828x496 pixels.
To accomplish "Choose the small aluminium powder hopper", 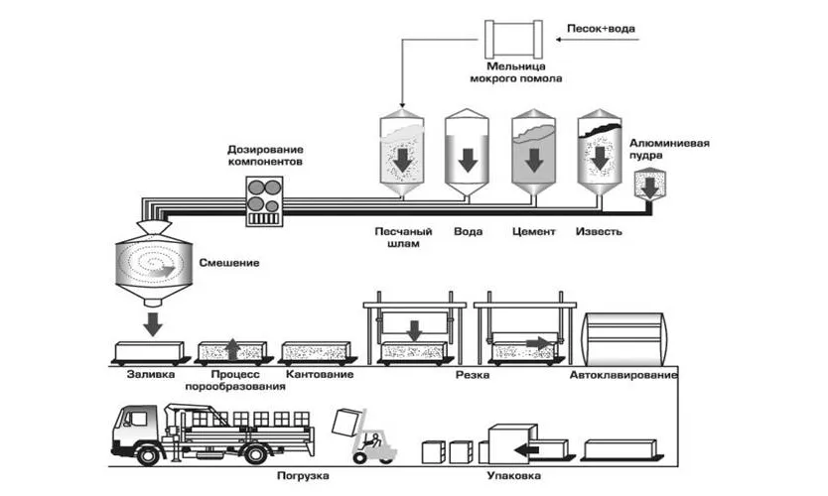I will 651,184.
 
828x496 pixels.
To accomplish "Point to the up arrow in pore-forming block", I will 232,349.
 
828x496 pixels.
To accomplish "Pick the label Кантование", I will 314,377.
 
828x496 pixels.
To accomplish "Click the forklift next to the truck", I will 374,444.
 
